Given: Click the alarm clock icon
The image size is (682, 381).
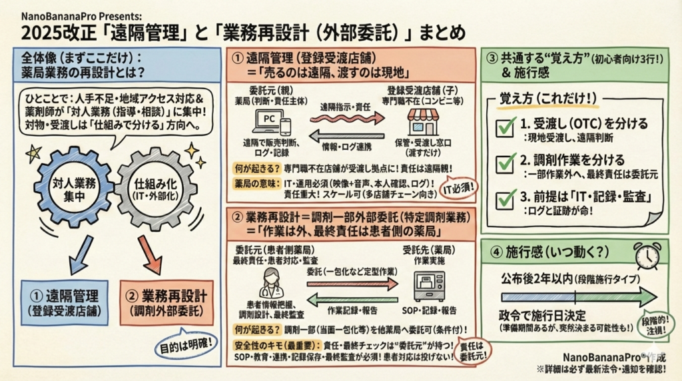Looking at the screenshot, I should pos(647,255).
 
